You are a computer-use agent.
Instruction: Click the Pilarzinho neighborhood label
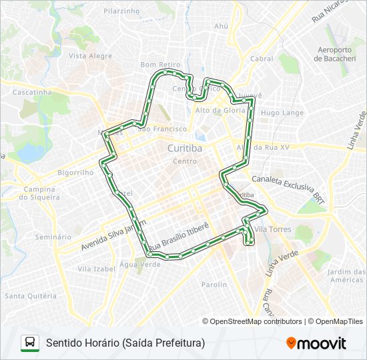point(121,11)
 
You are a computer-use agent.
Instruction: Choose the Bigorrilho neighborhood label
point(75,172)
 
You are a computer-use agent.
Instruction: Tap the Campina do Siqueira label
point(41,193)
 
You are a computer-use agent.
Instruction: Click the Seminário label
point(53,237)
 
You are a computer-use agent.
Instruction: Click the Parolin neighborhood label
point(215,285)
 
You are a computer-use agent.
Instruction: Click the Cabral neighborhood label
point(262,59)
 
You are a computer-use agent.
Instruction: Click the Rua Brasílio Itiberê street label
point(179,238)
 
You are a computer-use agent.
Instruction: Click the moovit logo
point(316,343)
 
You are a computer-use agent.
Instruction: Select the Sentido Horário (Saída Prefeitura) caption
point(125,343)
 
